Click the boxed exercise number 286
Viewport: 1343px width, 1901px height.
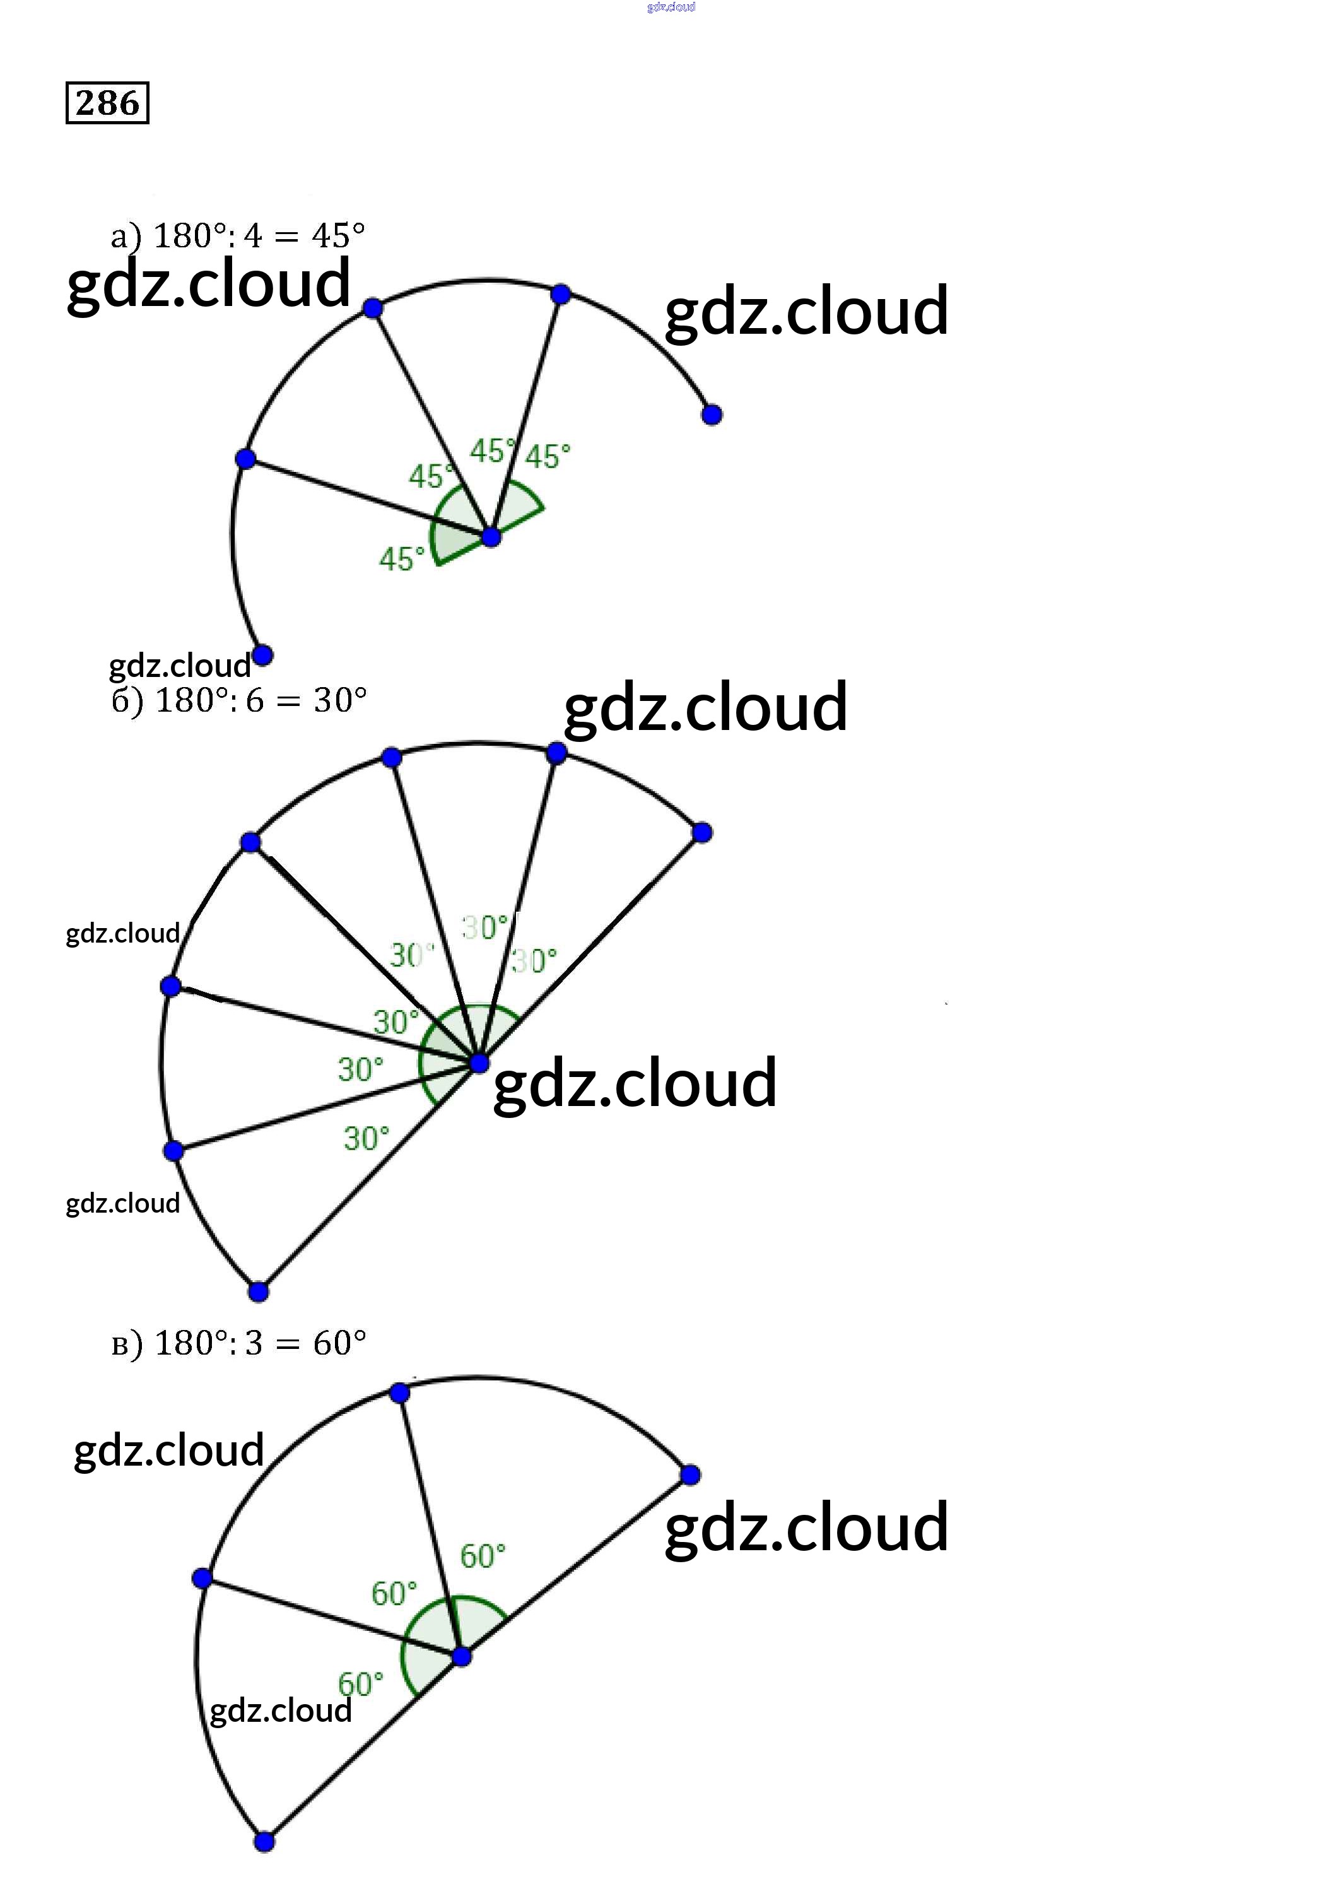pyautogui.click(x=107, y=103)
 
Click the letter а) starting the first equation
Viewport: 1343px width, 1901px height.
pyautogui.click(x=126, y=237)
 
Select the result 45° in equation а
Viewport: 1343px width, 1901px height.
pyautogui.click(x=338, y=236)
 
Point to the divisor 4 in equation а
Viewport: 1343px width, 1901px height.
pyautogui.click(x=252, y=237)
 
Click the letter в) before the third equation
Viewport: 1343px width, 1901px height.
pyautogui.click(x=127, y=1343)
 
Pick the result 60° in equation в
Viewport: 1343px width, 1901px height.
pyautogui.click(x=339, y=1343)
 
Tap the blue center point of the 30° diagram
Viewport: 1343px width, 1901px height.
pyautogui.click(x=479, y=1064)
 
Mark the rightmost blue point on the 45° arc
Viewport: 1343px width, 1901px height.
pyautogui.click(x=712, y=414)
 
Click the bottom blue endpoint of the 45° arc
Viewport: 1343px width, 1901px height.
pyautogui.click(x=262, y=656)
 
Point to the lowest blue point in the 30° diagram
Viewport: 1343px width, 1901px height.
pyautogui.click(x=259, y=1292)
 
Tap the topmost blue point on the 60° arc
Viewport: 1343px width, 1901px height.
pyautogui.click(x=399, y=1392)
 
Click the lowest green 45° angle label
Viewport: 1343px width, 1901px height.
pyautogui.click(x=402, y=559)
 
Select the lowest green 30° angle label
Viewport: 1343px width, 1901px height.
pyautogui.click(x=366, y=1138)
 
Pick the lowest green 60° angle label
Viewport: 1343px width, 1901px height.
pyautogui.click(x=360, y=1683)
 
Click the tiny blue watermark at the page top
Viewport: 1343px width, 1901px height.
pyautogui.click(x=671, y=6)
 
